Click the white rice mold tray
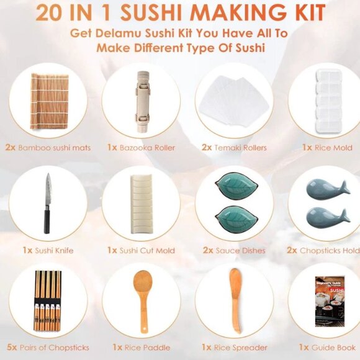[326, 99]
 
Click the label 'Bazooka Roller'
[148, 148]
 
